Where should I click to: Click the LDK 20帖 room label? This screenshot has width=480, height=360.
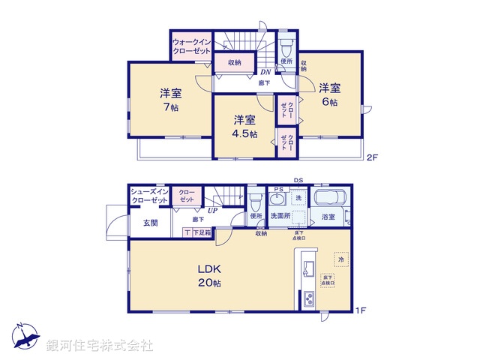pyautogui.click(x=209, y=275)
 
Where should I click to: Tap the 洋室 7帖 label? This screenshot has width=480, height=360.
pyautogui.click(x=170, y=100)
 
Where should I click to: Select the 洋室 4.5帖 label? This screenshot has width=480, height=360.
pyautogui.click(x=244, y=127)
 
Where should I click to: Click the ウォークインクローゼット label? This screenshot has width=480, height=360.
pyautogui.click(x=190, y=46)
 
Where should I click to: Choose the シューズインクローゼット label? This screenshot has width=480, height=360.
pyautogui.click(x=149, y=196)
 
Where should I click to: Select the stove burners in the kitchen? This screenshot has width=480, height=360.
pyautogui.click(x=310, y=299)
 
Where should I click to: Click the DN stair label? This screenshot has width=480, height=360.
pyautogui.click(x=255, y=72)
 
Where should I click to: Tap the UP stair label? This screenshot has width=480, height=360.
pyautogui.click(x=213, y=211)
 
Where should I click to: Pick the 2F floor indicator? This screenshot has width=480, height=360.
pyautogui.click(x=371, y=157)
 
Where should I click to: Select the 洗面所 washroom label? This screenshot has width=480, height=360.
pyautogui.click(x=281, y=216)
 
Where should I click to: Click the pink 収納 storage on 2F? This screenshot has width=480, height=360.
pyautogui.click(x=234, y=62)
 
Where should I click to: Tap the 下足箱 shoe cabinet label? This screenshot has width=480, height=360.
pyautogui.click(x=202, y=233)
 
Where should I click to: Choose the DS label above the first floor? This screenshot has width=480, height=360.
pyautogui.click(x=298, y=180)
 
